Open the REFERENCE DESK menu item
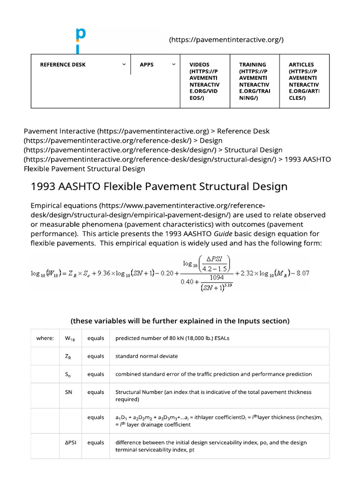pyautogui.click(x=63, y=65)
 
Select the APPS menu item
pyautogui.click(x=147, y=65)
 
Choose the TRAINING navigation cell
pyautogui.click(x=254, y=81)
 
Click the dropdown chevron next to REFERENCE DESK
pyautogui.click(x=124, y=65)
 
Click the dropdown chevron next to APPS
pyautogui.click(x=173, y=65)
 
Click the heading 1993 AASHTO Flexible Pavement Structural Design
pyautogui.click(x=159, y=187)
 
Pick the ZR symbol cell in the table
pyautogui.click(x=68, y=356)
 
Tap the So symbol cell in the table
pyautogui.click(x=68, y=374)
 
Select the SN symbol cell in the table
pyautogui.click(x=68, y=392)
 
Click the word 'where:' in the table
pyautogui.click(x=45, y=338)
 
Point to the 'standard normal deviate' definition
pyautogui.click(x=147, y=356)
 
